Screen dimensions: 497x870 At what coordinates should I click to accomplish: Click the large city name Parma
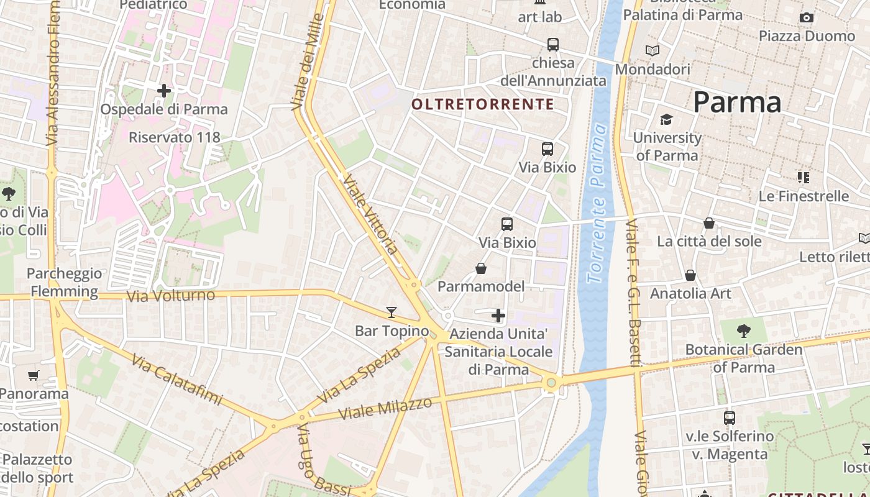(x=737, y=102)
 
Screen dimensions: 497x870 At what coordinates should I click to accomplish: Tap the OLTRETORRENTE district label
(x=482, y=104)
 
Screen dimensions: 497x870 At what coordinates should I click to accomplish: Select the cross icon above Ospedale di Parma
(x=164, y=91)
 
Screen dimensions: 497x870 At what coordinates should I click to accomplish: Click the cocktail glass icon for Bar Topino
(x=391, y=312)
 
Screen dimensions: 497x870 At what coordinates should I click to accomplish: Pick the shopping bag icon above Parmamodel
(x=481, y=268)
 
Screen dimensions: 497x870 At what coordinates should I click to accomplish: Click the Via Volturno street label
(x=171, y=296)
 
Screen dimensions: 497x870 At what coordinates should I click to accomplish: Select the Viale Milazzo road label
(x=386, y=408)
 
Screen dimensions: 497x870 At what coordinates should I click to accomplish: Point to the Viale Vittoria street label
(x=370, y=214)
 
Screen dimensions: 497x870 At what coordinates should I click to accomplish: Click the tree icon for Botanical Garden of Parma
(x=743, y=331)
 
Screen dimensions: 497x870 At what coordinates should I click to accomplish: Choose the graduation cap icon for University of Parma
(x=667, y=119)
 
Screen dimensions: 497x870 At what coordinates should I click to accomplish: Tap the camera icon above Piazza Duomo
(x=807, y=18)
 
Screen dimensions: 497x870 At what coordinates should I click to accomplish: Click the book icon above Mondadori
(x=652, y=50)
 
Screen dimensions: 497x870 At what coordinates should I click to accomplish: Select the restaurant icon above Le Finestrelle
(x=804, y=178)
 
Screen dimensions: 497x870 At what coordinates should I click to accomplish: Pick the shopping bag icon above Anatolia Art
(x=690, y=275)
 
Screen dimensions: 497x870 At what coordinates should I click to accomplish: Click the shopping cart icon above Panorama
(x=33, y=375)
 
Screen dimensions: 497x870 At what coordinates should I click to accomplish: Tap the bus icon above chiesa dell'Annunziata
(x=553, y=45)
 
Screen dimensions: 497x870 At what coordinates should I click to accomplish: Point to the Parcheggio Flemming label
(x=64, y=283)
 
